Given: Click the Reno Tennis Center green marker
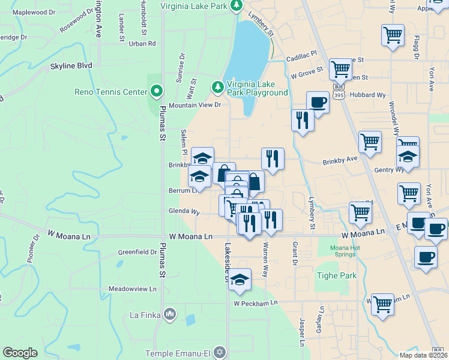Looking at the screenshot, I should click(157, 92).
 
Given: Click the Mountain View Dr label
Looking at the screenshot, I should click(194, 105).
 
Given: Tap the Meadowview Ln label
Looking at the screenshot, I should click(132, 289).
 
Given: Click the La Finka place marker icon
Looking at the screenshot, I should click(170, 314).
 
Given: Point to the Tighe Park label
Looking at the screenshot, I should click(336, 276).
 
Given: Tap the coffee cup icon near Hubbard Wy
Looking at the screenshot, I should click(318, 103).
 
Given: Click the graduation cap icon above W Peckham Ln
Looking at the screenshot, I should click(240, 280).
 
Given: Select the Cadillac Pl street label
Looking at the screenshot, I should click(301, 56).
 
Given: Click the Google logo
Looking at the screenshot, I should click(20, 353).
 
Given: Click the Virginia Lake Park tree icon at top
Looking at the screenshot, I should click(237, 5).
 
